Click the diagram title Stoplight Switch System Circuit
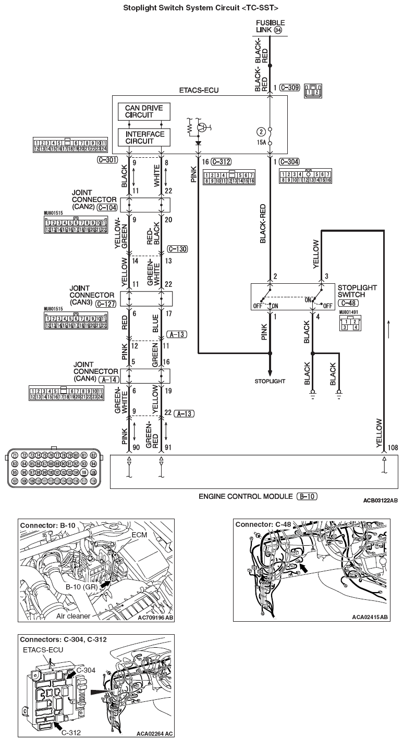pos(200,8)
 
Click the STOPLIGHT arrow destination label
pos(270,381)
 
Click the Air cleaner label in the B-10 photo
pos(72,616)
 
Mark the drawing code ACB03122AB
pos(380,500)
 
